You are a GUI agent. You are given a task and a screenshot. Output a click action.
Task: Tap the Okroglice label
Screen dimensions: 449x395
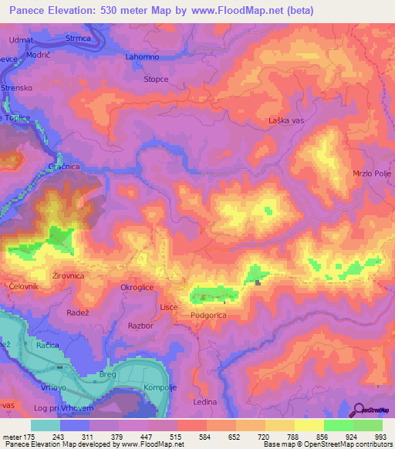tap(137, 287)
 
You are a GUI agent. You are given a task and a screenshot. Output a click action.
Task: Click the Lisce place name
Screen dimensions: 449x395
tap(169, 307)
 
